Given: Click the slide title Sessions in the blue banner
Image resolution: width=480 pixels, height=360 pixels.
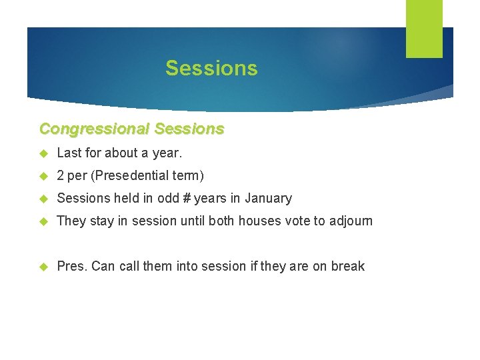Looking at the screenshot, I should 211,68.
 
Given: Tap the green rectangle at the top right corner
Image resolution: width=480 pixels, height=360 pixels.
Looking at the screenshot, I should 424,29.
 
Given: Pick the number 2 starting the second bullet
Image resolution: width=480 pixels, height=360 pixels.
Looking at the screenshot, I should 61,175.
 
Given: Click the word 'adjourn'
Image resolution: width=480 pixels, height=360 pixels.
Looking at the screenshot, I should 351,221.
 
